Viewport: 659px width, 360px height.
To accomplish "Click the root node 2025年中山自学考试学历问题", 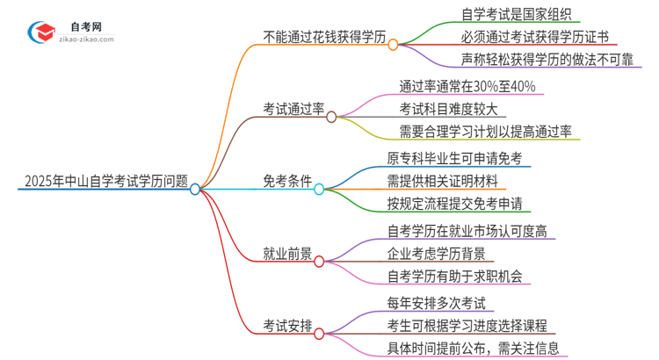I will [x=104, y=182].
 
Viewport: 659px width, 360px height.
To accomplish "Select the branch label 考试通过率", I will [x=293, y=110].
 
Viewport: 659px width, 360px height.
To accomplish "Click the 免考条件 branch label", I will [x=286, y=182].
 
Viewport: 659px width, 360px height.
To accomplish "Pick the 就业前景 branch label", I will [x=286, y=254].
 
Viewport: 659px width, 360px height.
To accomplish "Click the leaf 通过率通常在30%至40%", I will [x=467, y=88].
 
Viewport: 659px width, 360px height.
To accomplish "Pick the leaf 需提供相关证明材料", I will [x=441, y=182].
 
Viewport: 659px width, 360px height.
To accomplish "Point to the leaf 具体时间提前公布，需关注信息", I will [x=472, y=349].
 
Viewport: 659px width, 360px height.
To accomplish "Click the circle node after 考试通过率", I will [x=331, y=116].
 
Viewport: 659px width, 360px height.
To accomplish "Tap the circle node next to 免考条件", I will [x=319, y=188].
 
